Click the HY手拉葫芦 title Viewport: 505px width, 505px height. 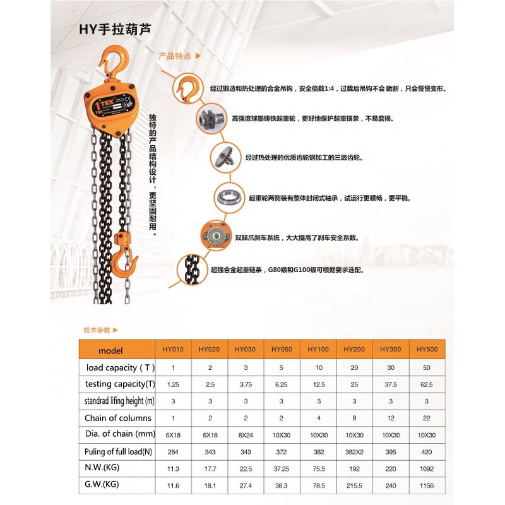tap(115, 29)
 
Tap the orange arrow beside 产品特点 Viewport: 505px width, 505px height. tap(198, 56)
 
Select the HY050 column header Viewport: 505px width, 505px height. tap(281, 349)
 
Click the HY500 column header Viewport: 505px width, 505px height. tap(427, 349)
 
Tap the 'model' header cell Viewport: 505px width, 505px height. tap(111, 350)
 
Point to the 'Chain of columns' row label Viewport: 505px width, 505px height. tap(118, 418)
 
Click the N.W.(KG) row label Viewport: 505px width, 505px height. tap(102, 468)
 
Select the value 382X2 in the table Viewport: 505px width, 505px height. tap(353, 452)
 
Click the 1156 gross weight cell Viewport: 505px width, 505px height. tap(427, 485)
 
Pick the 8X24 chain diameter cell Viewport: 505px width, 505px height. tap(244, 435)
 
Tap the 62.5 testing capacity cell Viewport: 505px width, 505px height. tap(427, 384)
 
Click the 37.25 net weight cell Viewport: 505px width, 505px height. tap(281, 469)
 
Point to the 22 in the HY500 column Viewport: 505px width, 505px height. tap(427, 418)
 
